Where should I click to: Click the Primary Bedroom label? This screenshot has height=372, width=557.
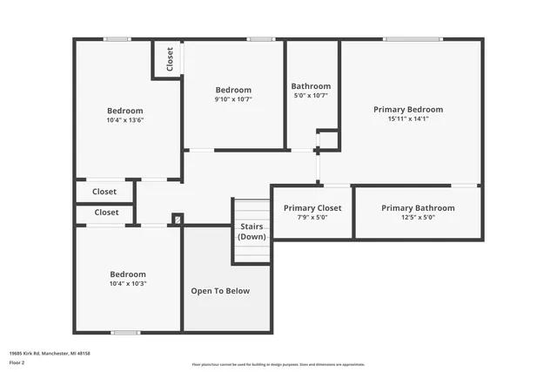tap(408, 110)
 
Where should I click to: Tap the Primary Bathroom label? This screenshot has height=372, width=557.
tap(418, 208)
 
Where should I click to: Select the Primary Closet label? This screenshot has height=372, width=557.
tap(312, 208)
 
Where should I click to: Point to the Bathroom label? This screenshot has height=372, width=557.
tap(311, 86)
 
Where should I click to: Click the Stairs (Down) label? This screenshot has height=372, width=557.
tap(252, 232)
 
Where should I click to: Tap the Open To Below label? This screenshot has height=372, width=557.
tap(220, 291)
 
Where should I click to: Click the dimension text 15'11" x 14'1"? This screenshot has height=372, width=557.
tap(408, 118)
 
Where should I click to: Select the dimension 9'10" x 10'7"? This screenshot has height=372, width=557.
tap(233, 99)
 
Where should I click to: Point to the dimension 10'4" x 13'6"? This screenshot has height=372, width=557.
tap(125, 120)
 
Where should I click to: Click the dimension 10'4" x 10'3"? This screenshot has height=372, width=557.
tap(128, 283)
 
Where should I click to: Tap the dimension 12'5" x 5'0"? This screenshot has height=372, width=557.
tap(418, 218)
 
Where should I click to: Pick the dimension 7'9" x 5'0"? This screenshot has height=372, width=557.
tap(312, 218)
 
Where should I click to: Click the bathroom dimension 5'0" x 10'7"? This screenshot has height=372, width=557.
tap(311, 96)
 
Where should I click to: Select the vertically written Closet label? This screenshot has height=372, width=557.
tap(170, 59)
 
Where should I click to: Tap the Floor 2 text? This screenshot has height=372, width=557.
tap(17, 362)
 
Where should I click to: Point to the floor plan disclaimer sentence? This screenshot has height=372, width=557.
tap(278, 364)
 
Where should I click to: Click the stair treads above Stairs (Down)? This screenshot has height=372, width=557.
tap(252, 210)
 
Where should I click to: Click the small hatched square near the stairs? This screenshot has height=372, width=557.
tap(178, 220)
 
